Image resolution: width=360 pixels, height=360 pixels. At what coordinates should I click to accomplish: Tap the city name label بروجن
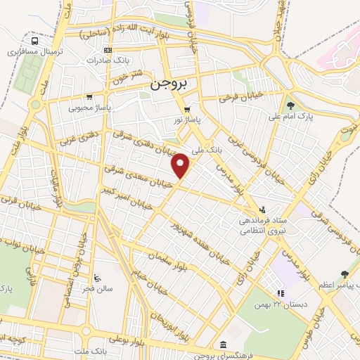(168, 84)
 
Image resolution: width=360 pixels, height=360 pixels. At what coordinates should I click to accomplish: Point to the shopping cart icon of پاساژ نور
(186, 110)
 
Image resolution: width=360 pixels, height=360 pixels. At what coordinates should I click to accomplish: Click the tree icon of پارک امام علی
(311, 105)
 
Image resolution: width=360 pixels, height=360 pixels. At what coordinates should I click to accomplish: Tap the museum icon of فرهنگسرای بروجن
(223, 344)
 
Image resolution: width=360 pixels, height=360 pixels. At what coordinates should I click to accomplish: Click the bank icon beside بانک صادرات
(107, 50)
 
